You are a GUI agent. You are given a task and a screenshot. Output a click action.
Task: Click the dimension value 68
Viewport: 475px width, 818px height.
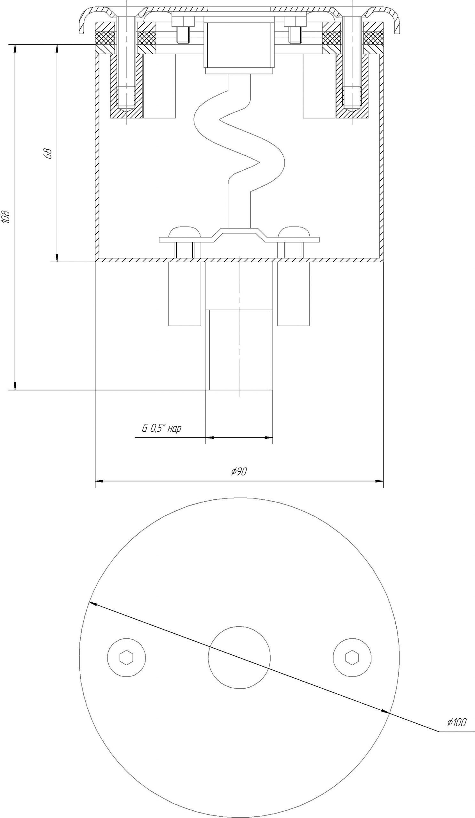tap(48, 153)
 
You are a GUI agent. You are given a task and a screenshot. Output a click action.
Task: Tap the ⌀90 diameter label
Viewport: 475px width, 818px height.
tap(239, 472)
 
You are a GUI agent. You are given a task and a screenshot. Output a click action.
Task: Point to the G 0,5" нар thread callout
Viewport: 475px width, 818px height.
tap(162, 428)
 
